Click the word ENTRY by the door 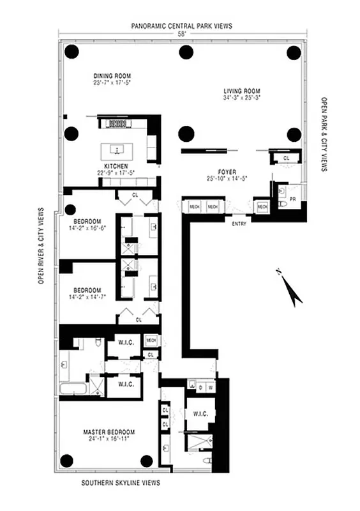(239, 224)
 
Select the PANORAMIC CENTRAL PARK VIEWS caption (182, 26)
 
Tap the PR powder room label (292, 199)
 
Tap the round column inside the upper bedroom (70, 208)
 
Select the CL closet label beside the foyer (285, 157)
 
